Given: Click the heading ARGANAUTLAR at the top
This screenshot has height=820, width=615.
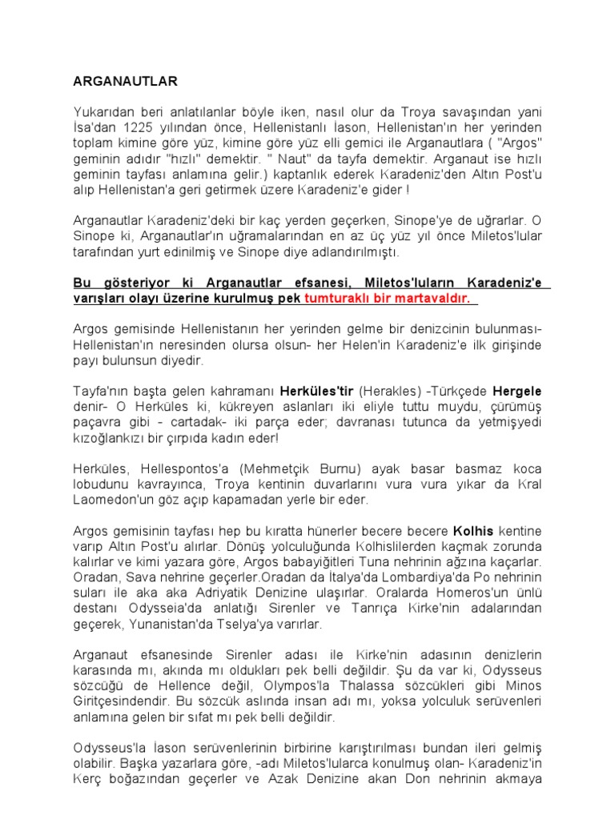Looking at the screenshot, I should [125, 82].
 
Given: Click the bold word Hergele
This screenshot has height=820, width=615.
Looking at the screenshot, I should [517, 392].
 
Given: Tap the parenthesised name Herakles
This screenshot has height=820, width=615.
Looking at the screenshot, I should [388, 392].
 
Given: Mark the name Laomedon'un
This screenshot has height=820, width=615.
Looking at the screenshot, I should [113, 500].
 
